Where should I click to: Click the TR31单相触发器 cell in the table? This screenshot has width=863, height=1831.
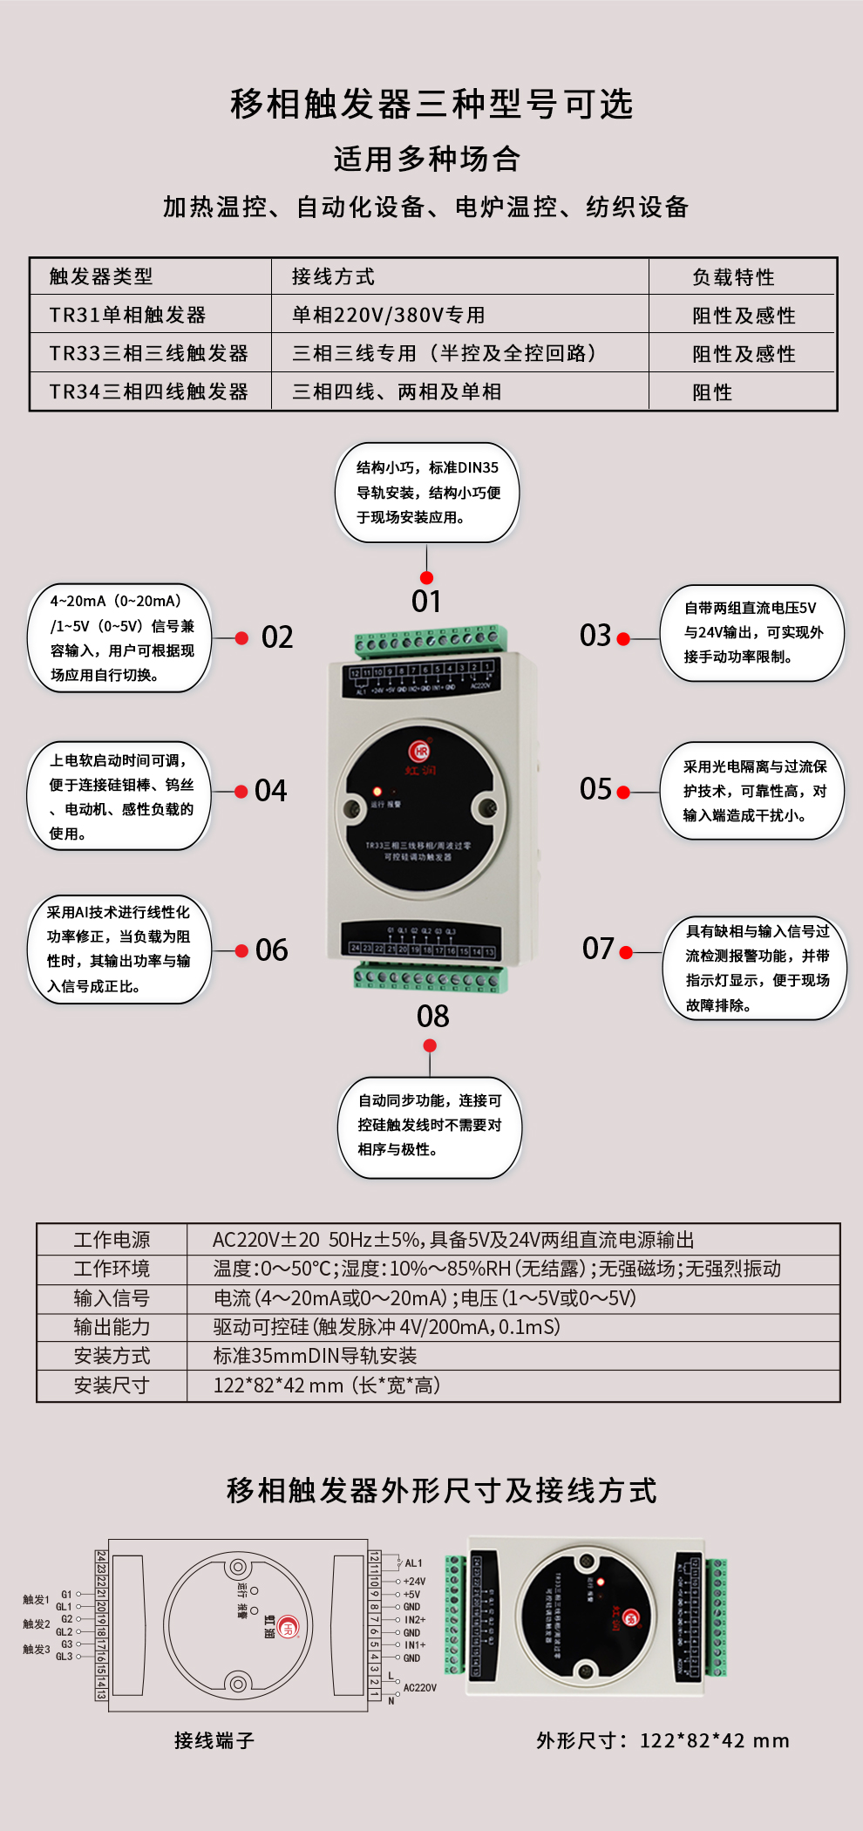pyautogui.click(x=128, y=315)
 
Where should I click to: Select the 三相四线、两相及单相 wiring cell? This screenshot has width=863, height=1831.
pyautogui.click(x=397, y=391)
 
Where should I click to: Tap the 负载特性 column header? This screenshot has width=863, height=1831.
pyautogui.click(x=733, y=277)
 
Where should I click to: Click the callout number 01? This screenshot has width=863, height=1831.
pyautogui.click(x=426, y=602)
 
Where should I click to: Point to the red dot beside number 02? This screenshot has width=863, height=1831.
pyautogui.click(x=242, y=638)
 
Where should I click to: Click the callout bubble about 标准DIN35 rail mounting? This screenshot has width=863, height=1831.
pyautogui.click(x=427, y=493)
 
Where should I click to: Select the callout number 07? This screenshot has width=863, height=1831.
pyautogui.click(x=599, y=949)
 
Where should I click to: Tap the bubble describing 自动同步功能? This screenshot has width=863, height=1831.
pyautogui.click(x=430, y=1126)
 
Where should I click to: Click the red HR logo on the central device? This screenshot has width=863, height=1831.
pyautogui.click(x=420, y=751)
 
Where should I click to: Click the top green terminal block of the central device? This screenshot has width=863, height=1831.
pyautogui.click(x=430, y=642)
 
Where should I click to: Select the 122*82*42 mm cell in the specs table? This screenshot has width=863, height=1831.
pyautogui.click(x=327, y=1385)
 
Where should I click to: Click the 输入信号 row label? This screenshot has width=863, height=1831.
pyautogui.click(x=112, y=1298)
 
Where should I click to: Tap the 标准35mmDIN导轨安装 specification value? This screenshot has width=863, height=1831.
pyautogui.click(x=316, y=1356)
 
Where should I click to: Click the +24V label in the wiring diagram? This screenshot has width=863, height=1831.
pyautogui.click(x=414, y=1582)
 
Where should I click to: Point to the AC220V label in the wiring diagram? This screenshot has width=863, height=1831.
pyautogui.click(x=420, y=1688)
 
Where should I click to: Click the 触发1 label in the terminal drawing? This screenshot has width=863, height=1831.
pyautogui.click(x=36, y=1600)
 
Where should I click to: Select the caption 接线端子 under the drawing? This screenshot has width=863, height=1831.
pyautogui.click(x=214, y=1741)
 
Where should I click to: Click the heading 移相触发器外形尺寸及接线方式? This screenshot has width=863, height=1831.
pyautogui.click(x=441, y=1491)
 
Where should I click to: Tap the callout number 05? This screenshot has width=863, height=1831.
pyautogui.click(x=596, y=789)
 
